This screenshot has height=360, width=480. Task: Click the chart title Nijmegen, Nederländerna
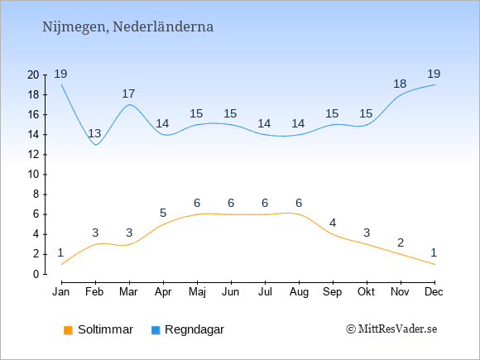[127, 27]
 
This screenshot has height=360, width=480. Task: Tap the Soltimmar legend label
[105, 329]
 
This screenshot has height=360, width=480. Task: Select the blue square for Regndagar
[156, 330]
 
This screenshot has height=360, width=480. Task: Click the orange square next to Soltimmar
[68, 330]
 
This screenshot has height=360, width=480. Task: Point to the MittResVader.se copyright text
[391, 329]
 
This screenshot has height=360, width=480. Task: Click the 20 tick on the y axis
[33, 74]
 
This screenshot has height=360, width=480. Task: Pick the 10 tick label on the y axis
[33, 175]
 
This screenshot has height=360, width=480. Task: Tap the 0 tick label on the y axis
[36, 274]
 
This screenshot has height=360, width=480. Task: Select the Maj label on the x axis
[197, 292]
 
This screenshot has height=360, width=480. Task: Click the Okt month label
[366, 292]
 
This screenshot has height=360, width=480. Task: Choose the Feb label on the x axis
[94, 292]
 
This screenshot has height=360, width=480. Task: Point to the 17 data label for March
[128, 94]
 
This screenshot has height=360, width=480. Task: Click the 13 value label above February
[94, 133]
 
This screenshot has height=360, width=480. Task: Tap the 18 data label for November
[400, 84]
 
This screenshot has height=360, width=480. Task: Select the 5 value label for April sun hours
[163, 213]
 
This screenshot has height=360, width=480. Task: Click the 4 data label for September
[333, 223]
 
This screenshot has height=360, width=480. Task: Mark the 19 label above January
[60, 74]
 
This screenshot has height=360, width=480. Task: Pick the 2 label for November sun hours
[401, 242]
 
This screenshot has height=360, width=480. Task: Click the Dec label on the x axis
[434, 292]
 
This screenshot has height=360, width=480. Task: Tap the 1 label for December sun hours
[434, 252]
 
